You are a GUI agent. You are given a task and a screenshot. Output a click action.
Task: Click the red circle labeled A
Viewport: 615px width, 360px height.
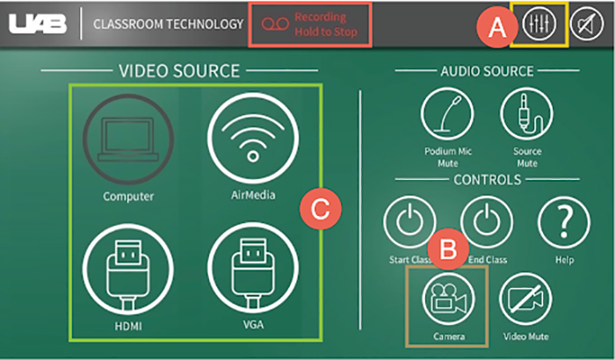(x=498, y=26)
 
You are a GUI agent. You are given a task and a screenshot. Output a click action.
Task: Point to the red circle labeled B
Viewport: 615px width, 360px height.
(x=452, y=248)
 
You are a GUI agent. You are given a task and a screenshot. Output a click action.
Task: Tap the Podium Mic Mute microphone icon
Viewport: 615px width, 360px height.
(x=448, y=114)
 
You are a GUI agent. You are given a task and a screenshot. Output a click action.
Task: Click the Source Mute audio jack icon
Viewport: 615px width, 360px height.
(x=527, y=114)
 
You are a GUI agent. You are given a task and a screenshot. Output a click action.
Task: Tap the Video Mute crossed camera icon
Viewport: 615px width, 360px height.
(x=526, y=299)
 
